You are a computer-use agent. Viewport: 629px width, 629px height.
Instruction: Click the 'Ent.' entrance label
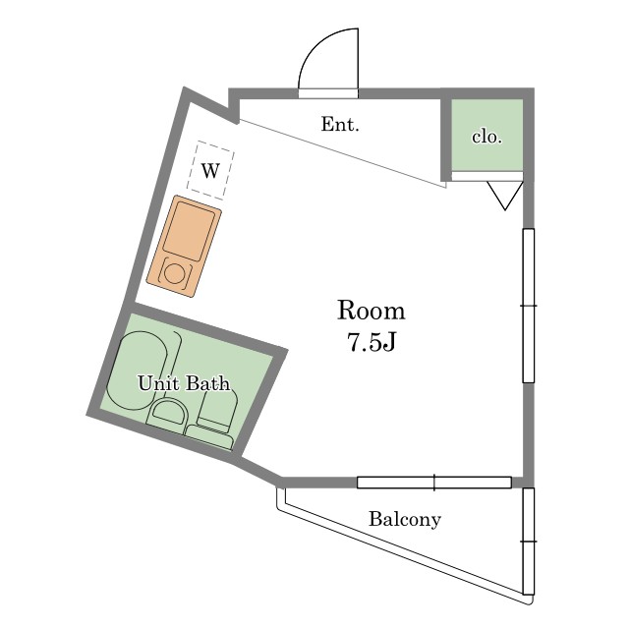[340, 125]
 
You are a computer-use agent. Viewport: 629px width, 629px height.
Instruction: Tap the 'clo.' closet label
[487, 137]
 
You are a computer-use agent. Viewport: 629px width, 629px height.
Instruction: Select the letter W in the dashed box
[210, 171]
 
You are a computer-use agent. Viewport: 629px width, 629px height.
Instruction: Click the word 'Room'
[372, 311]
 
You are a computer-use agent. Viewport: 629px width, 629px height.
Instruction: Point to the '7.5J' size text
[372, 342]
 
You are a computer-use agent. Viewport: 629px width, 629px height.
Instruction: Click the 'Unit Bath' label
[184, 383]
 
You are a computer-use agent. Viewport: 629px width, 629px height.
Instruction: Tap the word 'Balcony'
[405, 519]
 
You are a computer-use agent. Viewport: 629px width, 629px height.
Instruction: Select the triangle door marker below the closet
[505, 196]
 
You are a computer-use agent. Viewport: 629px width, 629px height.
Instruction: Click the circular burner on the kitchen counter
[175, 274]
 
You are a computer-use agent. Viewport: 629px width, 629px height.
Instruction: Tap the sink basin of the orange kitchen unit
[190, 231]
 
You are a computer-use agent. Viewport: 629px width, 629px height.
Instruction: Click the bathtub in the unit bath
[142, 371]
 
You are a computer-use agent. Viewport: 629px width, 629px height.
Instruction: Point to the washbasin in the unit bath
[168, 412]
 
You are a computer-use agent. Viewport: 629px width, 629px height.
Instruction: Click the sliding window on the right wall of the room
[529, 306]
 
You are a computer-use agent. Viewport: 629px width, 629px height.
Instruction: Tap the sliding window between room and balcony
[434, 483]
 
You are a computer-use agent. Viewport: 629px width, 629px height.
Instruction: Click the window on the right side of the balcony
[529, 542]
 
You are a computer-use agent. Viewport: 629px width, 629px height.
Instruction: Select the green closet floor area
[487, 135]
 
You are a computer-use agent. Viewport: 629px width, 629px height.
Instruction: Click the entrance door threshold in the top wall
[328, 93]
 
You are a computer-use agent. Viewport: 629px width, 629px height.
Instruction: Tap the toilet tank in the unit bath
[209, 437]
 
